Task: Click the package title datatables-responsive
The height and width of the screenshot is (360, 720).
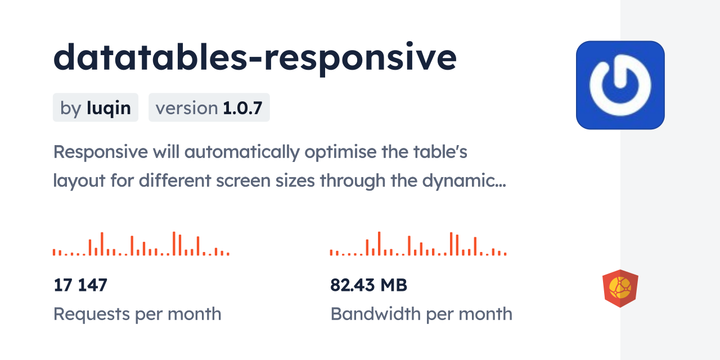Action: click(x=255, y=58)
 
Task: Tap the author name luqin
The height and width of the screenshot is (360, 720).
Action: click(x=109, y=109)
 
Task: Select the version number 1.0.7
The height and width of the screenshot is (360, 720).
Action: click(x=242, y=108)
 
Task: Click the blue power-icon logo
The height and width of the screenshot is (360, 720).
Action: click(x=620, y=85)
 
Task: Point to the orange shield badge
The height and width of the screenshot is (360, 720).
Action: click(x=620, y=289)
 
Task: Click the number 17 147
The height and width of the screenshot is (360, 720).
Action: click(x=80, y=285)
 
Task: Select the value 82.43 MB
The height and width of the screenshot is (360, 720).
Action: click(x=368, y=285)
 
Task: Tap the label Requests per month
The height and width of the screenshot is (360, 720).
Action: click(x=137, y=314)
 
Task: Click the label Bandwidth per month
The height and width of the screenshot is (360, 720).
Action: click(x=421, y=314)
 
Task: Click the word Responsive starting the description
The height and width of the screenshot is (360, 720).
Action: click(x=100, y=152)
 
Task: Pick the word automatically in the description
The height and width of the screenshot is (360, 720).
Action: click(x=242, y=152)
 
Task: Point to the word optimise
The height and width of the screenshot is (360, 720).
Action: click(x=340, y=152)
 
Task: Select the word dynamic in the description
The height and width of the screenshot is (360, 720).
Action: click(x=464, y=181)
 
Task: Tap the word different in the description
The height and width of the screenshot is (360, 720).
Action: click(x=174, y=181)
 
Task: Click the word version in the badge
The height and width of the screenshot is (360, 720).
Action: click(x=187, y=108)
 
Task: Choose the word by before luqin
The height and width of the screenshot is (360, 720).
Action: click(x=71, y=109)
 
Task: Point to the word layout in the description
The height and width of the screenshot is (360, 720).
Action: click(x=79, y=181)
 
